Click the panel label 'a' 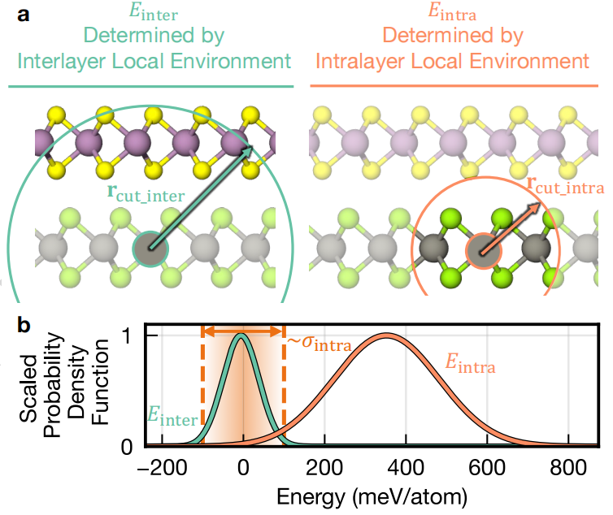tap(23, 15)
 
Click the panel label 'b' tap(24, 325)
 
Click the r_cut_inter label tap(146, 193)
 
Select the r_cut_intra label tap(565, 185)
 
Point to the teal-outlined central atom tap(150, 249)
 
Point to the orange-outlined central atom tap(484, 251)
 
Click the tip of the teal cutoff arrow tap(253, 147)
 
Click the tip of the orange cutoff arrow tap(541, 203)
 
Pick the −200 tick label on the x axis tap(163, 467)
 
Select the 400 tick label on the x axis tap(406, 467)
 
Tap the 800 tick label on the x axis tap(568, 467)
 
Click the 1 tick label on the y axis tap(126, 336)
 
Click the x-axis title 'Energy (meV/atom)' tap(372, 497)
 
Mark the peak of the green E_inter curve tap(241, 335)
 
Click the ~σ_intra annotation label tap(320, 343)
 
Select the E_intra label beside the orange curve tap(470, 363)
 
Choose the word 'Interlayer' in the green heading tap(62, 62)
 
